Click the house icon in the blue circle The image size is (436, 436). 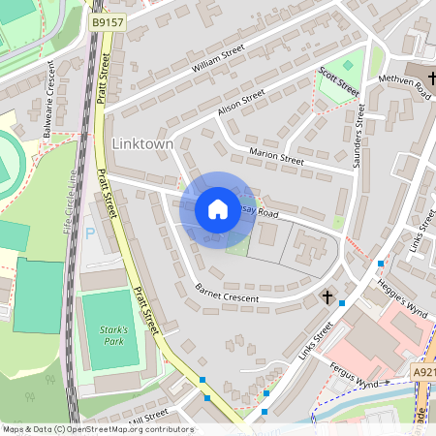[x=218, y=208]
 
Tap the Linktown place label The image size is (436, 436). [x=142, y=143]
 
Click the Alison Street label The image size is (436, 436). [x=241, y=104]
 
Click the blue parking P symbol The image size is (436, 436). [x=91, y=234]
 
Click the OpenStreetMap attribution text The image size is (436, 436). [x=97, y=428]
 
